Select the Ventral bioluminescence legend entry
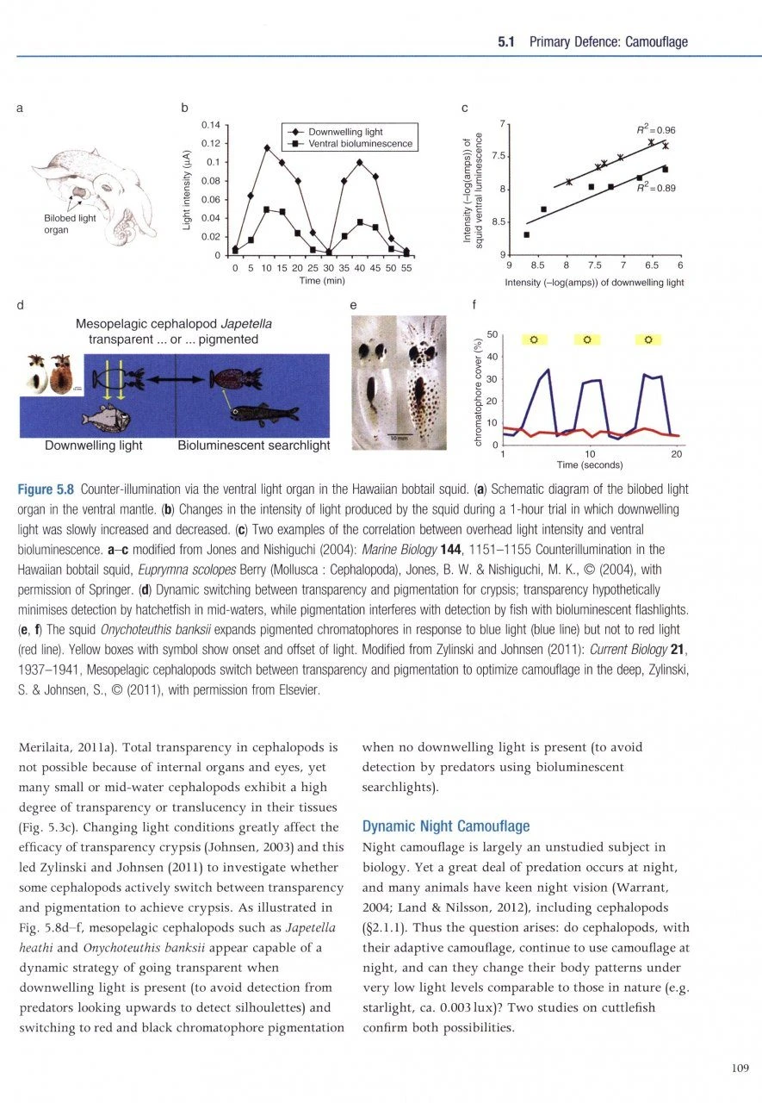pos(355,143)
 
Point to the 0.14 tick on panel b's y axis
pos(211,124)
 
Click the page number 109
pos(740,1069)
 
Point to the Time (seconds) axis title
pos(589,464)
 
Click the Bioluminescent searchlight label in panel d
pos(253,446)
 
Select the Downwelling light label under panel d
pos(94,446)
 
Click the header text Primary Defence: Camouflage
pos(608,41)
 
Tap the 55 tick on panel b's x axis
pos(406,268)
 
